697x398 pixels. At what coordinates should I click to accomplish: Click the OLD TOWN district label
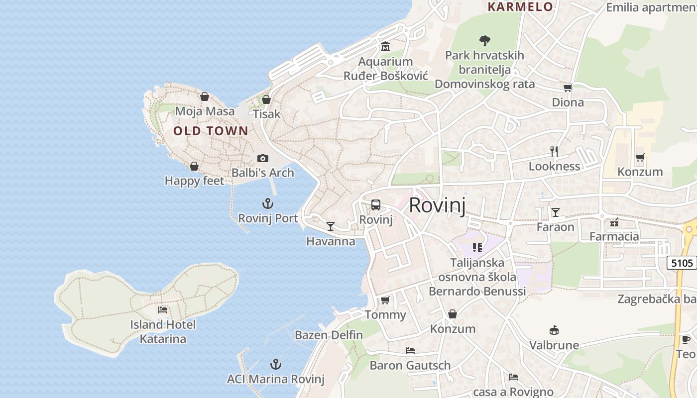pyautogui.click(x=211, y=131)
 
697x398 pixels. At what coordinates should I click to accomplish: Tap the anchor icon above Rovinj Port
pyautogui.click(x=268, y=203)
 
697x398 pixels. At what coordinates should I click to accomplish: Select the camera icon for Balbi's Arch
pyautogui.click(x=263, y=159)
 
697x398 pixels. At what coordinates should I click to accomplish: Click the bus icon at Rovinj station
pyautogui.click(x=376, y=205)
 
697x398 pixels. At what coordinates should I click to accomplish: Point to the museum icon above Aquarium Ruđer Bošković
pyautogui.click(x=385, y=47)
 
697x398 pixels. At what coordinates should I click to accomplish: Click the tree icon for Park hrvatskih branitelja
pyautogui.click(x=484, y=40)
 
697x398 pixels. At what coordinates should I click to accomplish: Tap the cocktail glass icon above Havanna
pyautogui.click(x=330, y=226)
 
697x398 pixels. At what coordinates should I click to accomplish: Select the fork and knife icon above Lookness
pyautogui.click(x=554, y=151)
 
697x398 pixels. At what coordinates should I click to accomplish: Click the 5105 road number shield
pyautogui.click(x=682, y=263)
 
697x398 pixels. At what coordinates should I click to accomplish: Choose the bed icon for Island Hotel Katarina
pyautogui.click(x=163, y=310)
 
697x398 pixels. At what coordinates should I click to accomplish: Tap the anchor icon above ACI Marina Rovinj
pyautogui.click(x=275, y=364)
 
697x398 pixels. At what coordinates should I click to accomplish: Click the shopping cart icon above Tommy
pyautogui.click(x=385, y=300)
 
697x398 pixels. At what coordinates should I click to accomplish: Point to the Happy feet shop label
pyautogui.click(x=194, y=181)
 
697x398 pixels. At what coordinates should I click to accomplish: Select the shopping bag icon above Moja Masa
pyautogui.click(x=204, y=97)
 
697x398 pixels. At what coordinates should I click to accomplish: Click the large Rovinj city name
pyautogui.click(x=437, y=205)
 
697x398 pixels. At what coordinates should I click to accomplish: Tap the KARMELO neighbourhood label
pyautogui.click(x=520, y=6)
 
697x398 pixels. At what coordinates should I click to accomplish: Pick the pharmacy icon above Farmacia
pyautogui.click(x=614, y=222)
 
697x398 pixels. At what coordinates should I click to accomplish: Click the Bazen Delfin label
pyautogui.click(x=329, y=335)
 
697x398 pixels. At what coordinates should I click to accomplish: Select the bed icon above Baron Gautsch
pyautogui.click(x=410, y=351)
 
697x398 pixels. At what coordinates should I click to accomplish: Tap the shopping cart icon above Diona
pyautogui.click(x=568, y=88)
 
